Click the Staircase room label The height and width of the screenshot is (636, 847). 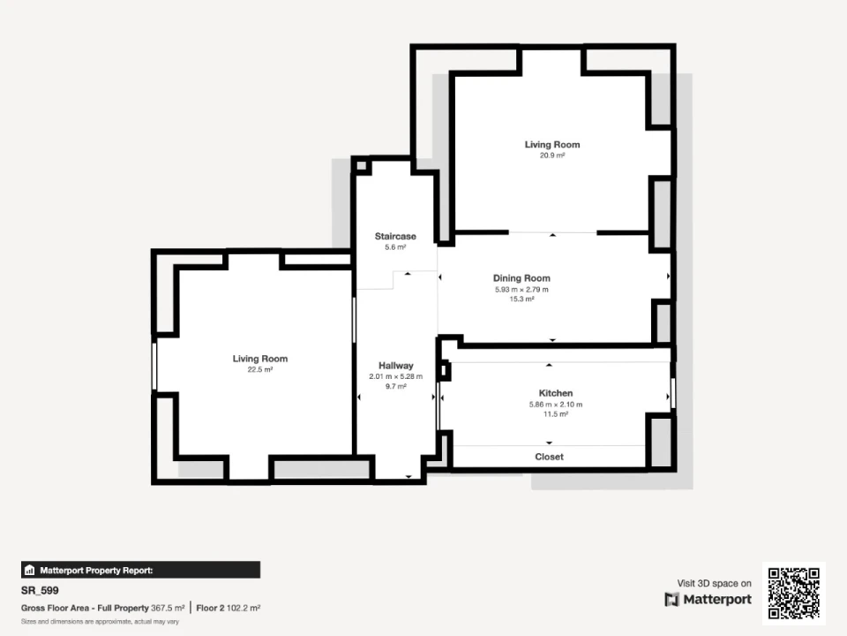[x=395, y=237]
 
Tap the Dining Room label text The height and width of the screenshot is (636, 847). [x=521, y=278]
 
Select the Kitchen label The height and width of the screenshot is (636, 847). [x=556, y=393]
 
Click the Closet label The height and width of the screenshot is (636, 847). [x=550, y=457]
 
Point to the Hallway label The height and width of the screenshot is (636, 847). [x=396, y=366]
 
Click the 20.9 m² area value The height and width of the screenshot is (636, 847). [x=552, y=155]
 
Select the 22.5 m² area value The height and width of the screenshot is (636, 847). [x=259, y=369]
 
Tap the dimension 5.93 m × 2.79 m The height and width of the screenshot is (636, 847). [x=521, y=290]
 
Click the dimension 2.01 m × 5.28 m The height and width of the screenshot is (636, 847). [x=396, y=376]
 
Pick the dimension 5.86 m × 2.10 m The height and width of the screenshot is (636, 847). [x=556, y=404]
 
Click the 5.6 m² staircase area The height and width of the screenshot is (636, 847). [x=395, y=247]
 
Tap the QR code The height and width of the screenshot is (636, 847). [x=793, y=594]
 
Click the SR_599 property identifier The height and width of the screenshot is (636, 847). [x=40, y=591]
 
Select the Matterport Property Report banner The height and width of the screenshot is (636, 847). [x=140, y=570]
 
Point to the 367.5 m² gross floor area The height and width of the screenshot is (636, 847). [x=168, y=608]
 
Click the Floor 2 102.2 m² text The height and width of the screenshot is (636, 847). [x=228, y=608]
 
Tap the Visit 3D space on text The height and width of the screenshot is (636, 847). [x=714, y=583]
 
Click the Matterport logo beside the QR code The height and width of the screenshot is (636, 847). [x=708, y=599]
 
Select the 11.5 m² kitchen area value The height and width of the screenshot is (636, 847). [x=556, y=414]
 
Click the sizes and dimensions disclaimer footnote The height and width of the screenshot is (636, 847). [x=100, y=621]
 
